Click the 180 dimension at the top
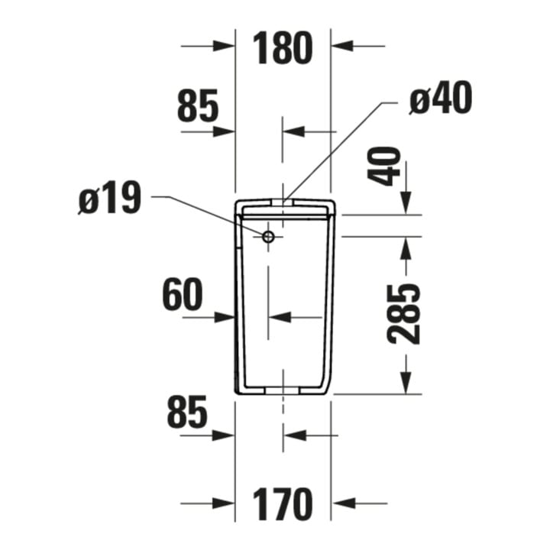point(283,47)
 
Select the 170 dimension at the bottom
point(283,503)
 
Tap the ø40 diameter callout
point(441,98)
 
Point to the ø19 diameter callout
point(109,198)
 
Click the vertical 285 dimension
point(403,314)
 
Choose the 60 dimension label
point(183,295)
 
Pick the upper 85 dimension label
point(198,105)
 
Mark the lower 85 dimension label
point(187,412)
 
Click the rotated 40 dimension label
point(383,167)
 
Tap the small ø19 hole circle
point(269,237)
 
